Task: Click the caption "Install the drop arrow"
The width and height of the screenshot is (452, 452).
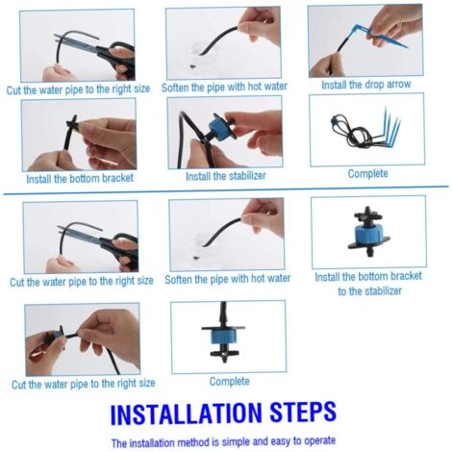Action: (365, 85)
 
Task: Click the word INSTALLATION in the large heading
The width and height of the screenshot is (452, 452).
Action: (186, 414)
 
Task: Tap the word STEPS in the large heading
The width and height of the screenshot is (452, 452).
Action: (303, 413)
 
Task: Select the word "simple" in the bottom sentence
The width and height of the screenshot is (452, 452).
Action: (236, 442)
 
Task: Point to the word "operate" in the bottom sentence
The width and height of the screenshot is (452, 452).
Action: (319, 440)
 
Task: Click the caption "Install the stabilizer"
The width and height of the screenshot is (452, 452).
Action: (226, 176)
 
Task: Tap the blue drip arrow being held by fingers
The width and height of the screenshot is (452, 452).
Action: (378, 37)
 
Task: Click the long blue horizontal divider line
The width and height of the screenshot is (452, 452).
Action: (226, 190)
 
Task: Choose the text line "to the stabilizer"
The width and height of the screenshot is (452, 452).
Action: (369, 291)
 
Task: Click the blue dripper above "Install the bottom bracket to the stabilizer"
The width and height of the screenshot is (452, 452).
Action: (368, 232)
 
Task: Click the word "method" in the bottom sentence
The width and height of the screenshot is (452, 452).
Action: (193, 442)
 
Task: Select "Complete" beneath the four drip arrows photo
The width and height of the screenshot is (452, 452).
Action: (367, 174)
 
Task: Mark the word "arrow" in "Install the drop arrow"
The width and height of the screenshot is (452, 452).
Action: (399, 85)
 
